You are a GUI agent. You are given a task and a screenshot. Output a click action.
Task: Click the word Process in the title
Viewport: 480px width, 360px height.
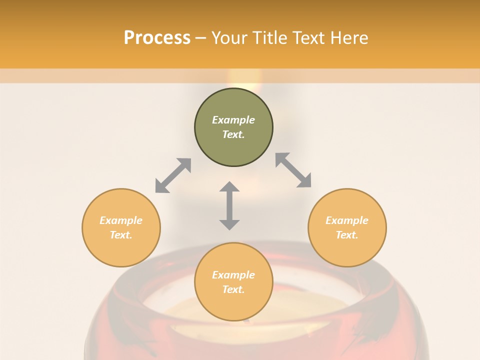click(x=157, y=38)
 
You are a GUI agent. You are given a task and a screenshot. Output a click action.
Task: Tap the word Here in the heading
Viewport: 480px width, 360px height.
click(x=347, y=38)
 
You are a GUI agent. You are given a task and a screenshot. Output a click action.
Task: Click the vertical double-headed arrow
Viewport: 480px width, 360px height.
click(x=229, y=205)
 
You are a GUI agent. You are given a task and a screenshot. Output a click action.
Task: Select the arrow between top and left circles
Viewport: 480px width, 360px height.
click(x=173, y=175)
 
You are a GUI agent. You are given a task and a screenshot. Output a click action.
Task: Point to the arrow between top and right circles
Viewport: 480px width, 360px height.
click(x=293, y=170)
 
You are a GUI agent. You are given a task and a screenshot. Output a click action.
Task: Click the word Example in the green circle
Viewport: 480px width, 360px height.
click(x=233, y=120)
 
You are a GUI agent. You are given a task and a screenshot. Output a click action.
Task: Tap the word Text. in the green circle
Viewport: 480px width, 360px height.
click(x=233, y=134)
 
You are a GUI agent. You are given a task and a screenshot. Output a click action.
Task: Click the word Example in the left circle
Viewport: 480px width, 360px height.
click(x=121, y=220)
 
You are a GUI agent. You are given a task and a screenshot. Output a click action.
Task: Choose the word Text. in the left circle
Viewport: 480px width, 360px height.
click(x=121, y=235)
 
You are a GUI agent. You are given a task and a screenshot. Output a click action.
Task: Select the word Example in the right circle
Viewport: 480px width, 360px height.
click(x=347, y=220)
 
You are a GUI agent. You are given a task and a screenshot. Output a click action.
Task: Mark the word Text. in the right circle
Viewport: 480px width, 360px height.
click(x=347, y=235)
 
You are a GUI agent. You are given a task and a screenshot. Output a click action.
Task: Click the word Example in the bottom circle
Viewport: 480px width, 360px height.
click(x=233, y=275)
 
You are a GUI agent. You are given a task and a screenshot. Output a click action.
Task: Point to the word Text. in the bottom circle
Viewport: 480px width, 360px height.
click(x=233, y=289)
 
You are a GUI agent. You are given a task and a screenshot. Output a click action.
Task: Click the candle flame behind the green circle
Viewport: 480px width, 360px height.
click(x=244, y=79)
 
